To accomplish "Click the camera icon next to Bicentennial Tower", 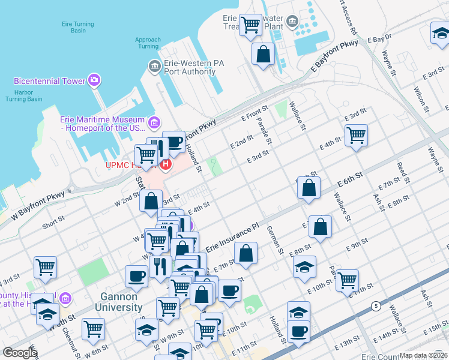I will (x=94, y=80).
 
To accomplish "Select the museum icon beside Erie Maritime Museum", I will (x=154, y=123).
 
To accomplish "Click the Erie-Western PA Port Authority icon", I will (x=154, y=65).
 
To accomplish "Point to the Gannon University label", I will (x=119, y=301).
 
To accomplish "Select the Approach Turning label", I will (x=148, y=43).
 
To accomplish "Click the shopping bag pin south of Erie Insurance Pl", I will (x=246, y=253).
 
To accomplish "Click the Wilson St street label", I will (x=420, y=100).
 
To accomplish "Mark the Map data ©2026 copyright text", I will (x=423, y=355).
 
